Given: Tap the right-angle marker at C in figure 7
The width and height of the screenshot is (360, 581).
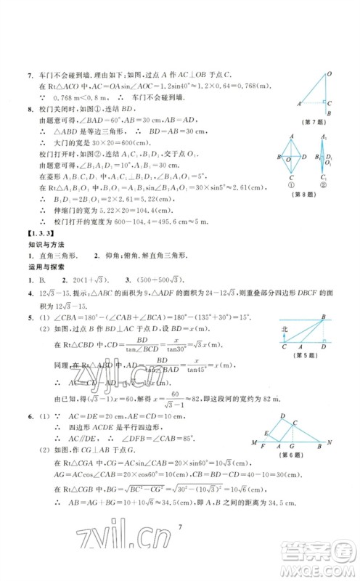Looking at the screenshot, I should tap(324, 101).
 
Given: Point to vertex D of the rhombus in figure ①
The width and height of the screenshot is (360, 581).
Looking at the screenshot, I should tap(303, 156).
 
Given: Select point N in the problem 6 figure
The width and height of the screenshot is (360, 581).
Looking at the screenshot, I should tap(331, 442).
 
